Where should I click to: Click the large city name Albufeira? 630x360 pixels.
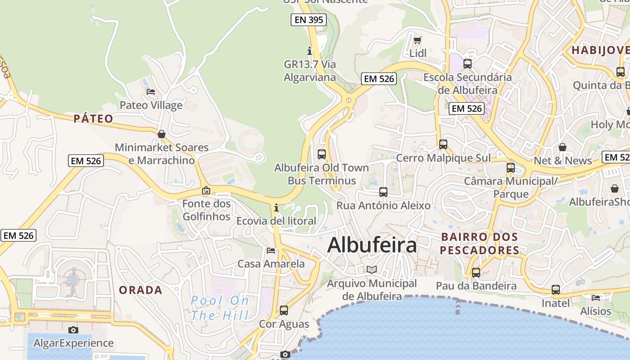pos(372,245)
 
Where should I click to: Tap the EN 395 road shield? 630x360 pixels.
pos(308,19)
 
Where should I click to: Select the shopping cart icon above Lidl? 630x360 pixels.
pos(417,40)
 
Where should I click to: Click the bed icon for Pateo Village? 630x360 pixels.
pos(151,92)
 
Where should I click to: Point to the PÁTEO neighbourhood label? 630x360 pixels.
pos(94,119)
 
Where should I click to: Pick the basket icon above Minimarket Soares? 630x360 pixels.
pos(162,134)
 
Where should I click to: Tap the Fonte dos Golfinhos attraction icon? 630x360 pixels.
pos(206,190)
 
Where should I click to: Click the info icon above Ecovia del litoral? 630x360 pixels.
pos(276,207)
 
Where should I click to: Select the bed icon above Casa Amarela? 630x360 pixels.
pos(271,250)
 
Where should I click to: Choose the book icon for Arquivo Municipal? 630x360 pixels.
pos(372,270)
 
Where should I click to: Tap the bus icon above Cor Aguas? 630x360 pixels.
pos(284,310)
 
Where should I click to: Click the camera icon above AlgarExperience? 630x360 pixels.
pos(73,330)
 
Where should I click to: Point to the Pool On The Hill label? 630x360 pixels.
pos(220,307)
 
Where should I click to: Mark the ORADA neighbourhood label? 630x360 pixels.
pos(140,290)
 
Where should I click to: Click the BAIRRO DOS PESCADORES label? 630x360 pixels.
pos(480,243)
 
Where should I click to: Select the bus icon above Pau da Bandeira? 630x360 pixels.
pos(476,272)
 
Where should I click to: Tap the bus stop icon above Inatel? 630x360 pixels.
pos(556,289)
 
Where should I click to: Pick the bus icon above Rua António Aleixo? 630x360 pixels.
pos(383,192)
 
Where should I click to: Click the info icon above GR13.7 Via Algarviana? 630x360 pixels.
pos(309,50)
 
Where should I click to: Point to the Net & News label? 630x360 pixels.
pos(562,161)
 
